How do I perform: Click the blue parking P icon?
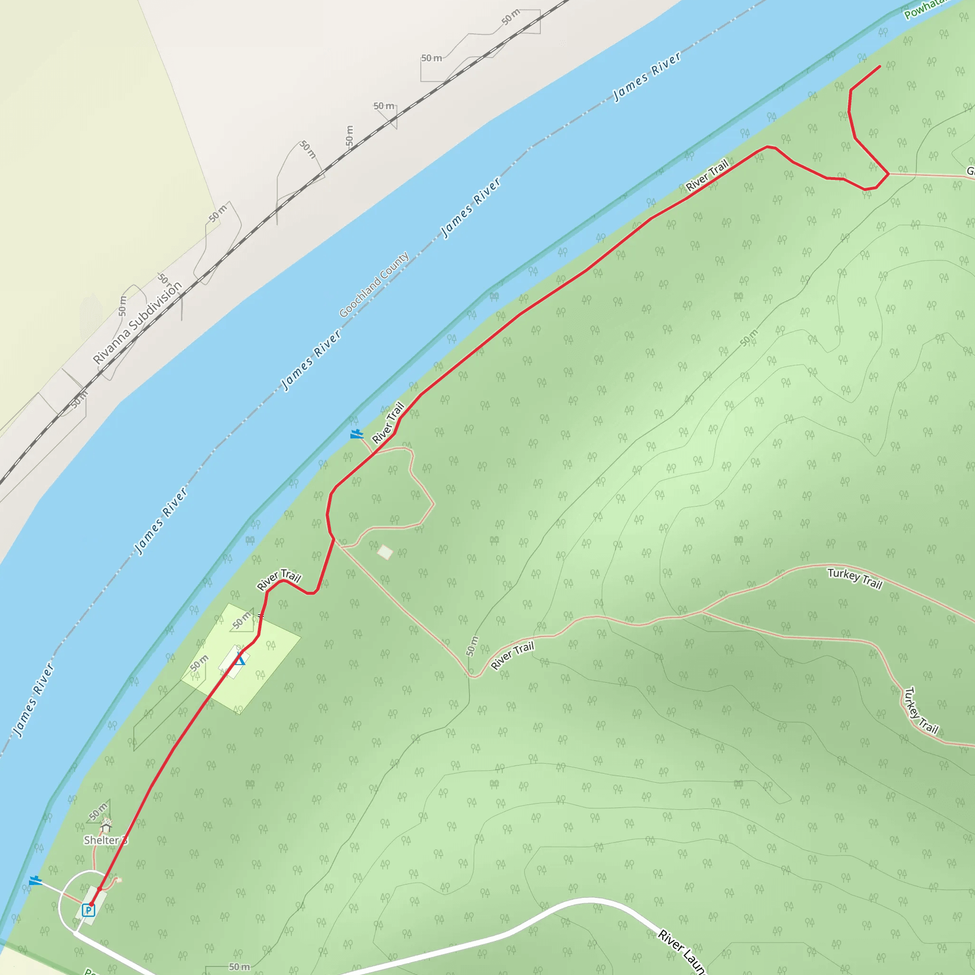coord(89,910)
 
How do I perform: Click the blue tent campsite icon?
coord(241,658)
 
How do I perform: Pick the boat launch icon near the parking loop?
coord(35,881)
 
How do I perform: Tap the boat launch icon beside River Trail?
coord(357,434)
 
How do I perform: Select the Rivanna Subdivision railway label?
coord(137,323)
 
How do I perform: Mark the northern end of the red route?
coord(880,66)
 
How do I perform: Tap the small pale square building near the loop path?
coord(385,552)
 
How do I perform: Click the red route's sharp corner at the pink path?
coord(888,174)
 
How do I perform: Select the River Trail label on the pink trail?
coord(512,656)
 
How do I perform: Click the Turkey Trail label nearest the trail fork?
coord(855,578)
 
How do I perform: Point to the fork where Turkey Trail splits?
coord(702,612)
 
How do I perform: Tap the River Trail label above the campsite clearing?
coord(279,579)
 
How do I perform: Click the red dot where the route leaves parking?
coord(100,889)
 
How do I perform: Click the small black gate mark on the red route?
coord(260,616)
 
